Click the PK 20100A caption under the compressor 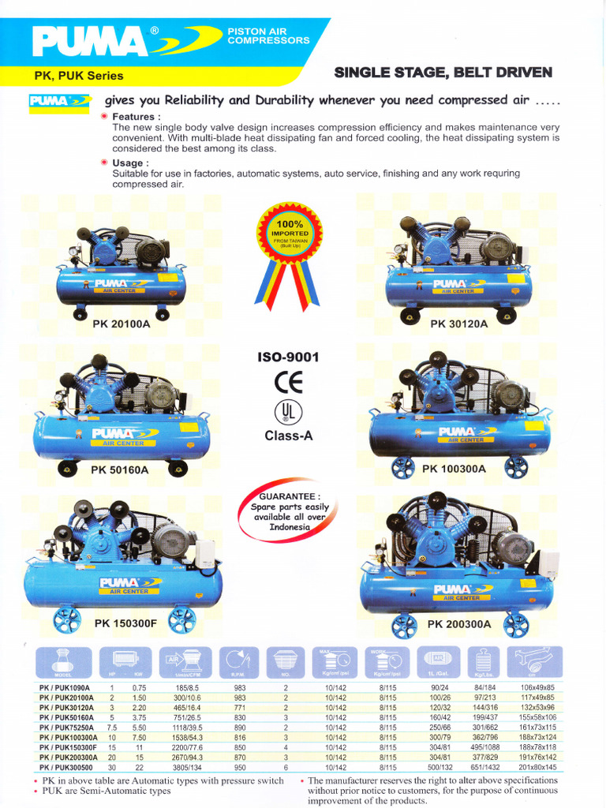pos(121,324)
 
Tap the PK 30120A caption pos(460,324)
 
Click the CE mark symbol pos(288,383)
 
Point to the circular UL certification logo pos(288,413)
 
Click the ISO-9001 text pos(288,357)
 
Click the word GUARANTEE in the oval pos(285,496)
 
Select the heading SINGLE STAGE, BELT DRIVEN pos(443,73)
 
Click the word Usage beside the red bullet pos(131,163)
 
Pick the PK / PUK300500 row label pos(66,767)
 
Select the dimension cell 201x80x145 pos(537,767)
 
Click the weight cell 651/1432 pos(484,767)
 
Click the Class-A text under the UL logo pos(288,436)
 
